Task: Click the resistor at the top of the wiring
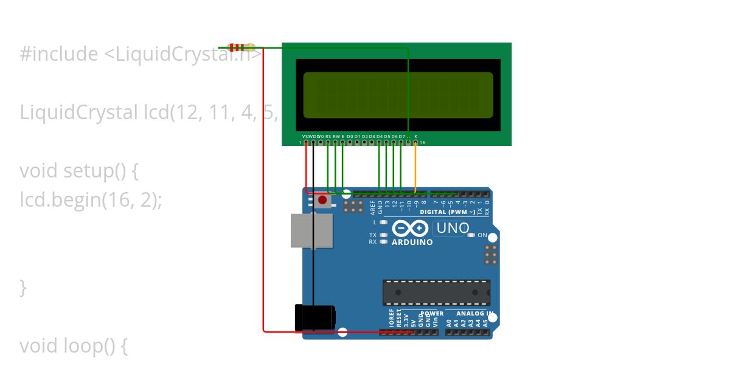pos(242,47)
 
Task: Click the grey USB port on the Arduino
pos(311,230)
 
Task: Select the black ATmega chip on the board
pos(436,292)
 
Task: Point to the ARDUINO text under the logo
pos(412,242)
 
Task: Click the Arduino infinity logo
pos(412,229)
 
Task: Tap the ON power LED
pos(471,235)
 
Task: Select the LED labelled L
pos(383,223)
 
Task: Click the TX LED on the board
pos(383,235)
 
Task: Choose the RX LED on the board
pos(383,241)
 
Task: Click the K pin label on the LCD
pos(415,136)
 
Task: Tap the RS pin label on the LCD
pos(328,136)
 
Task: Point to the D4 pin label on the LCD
pos(379,136)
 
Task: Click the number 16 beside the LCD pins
pos(422,143)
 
